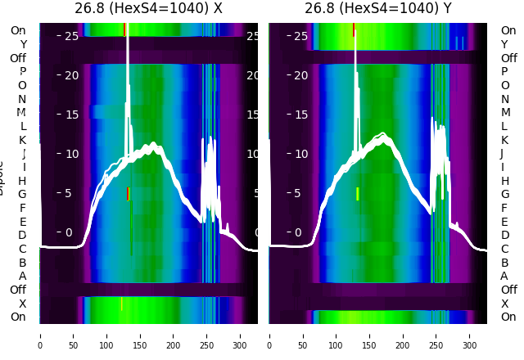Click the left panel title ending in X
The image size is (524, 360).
148,9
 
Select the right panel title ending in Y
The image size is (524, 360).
377,9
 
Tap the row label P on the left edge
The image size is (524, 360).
22,72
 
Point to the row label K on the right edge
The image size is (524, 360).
504,140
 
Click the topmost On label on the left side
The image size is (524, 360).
18,30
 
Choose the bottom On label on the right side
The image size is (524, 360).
508,317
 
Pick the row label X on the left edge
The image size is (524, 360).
22,304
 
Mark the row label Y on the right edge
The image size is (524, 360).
504,44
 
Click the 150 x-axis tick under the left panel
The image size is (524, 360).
140,335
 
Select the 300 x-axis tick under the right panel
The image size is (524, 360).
470,335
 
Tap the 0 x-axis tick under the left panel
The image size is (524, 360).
40,335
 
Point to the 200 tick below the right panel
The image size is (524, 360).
403,335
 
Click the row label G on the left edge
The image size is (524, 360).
22,194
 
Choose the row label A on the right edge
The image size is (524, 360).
504,276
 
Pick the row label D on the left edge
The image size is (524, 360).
22,235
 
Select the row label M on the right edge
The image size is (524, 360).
504,112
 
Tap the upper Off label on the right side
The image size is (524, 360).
508,58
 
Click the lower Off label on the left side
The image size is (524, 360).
18,290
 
